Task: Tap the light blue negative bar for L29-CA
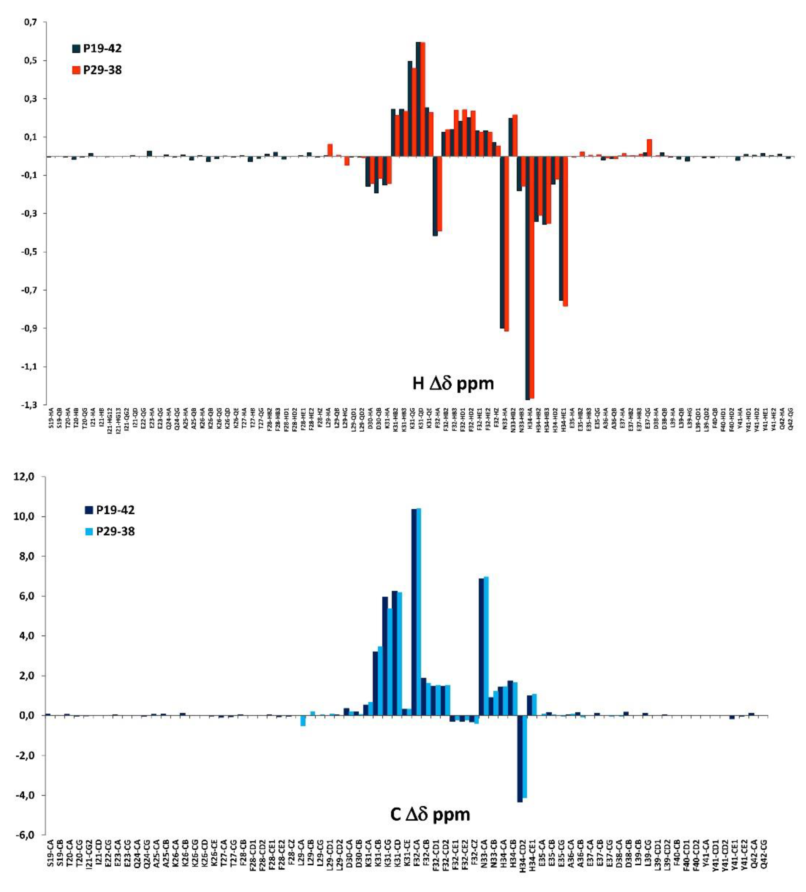303,721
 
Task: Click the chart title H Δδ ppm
453,383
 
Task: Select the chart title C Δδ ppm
430,814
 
